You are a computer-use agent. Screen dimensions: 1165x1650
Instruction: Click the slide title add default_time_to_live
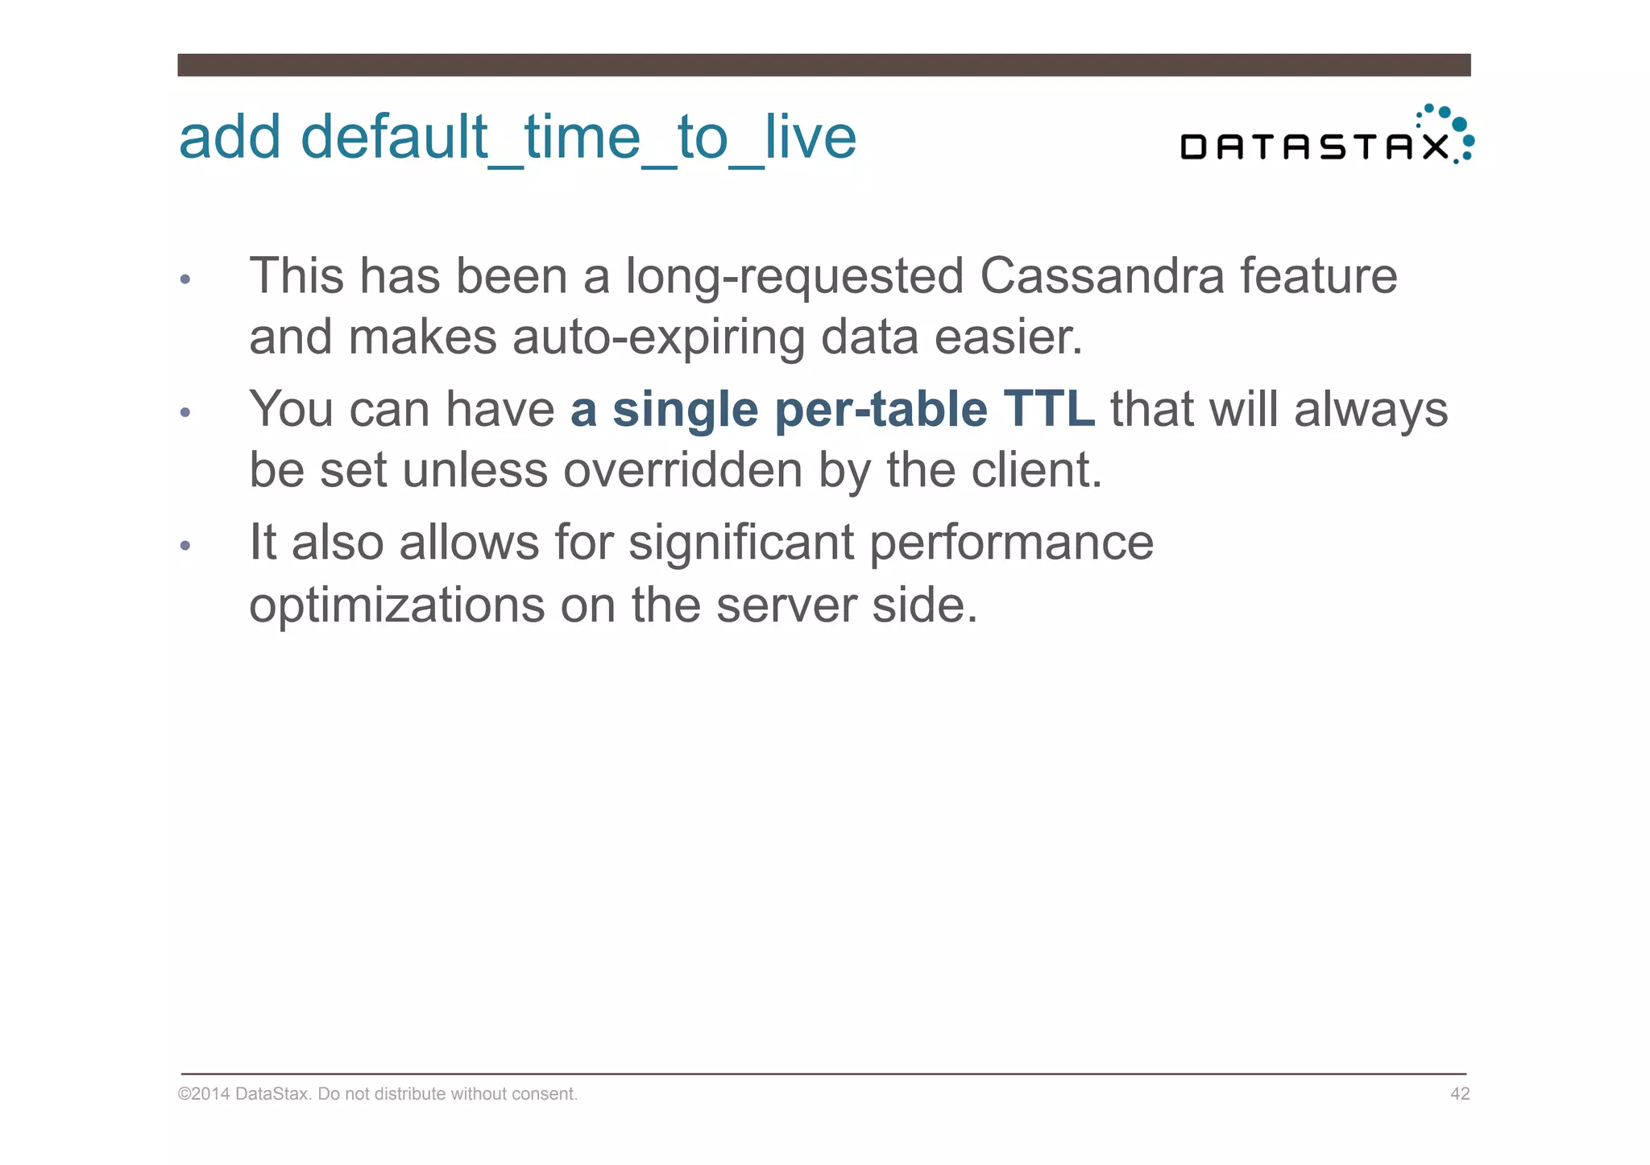[x=516, y=137]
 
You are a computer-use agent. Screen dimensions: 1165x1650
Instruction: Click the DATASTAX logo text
[x=1314, y=147]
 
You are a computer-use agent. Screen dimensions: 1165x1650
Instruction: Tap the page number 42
[x=1459, y=1093]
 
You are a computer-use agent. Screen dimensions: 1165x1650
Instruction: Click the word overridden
[x=682, y=469]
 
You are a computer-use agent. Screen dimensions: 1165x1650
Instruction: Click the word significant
[x=740, y=543]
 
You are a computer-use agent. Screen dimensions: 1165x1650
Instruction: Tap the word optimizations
[x=396, y=605]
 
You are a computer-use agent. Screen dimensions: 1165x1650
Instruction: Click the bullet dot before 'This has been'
[x=185, y=279]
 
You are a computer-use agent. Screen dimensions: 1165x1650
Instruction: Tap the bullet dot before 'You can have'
[x=185, y=412]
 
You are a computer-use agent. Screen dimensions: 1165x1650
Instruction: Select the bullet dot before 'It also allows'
[x=185, y=546]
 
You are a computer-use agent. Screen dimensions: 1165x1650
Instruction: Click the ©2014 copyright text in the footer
[x=377, y=1093]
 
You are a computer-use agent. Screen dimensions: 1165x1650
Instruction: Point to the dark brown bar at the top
[x=823, y=65]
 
